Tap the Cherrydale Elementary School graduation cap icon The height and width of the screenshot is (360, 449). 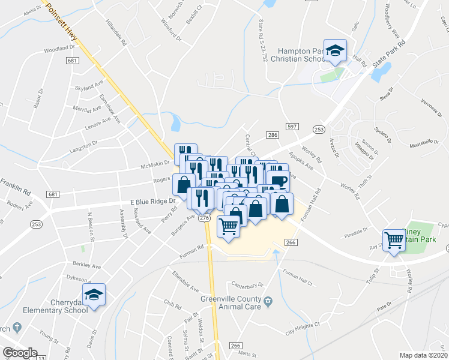(93, 294)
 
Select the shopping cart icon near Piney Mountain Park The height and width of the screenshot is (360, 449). (394, 239)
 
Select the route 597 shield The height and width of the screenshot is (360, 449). (292, 126)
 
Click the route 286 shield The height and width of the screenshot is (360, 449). (272, 136)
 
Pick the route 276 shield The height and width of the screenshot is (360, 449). (204, 218)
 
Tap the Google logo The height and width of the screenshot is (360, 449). (19, 353)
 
